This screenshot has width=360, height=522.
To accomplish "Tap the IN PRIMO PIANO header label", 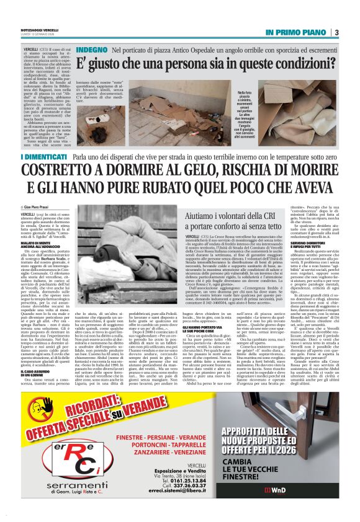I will [x=295, y=32].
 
